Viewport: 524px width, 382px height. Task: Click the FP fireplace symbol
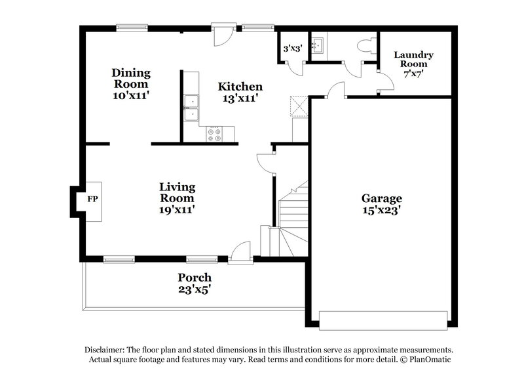[x=92, y=198]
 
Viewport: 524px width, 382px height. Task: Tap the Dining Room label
[x=131, y=83]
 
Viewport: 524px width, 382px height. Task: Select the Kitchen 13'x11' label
[x=240, y=92]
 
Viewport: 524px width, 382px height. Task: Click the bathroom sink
[x=319, y=44]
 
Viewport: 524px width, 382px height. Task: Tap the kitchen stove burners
[x=215, y=134]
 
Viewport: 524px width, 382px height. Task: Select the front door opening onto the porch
[x=240, y=253]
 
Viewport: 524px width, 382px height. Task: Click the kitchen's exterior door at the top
[x=221, y=35]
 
